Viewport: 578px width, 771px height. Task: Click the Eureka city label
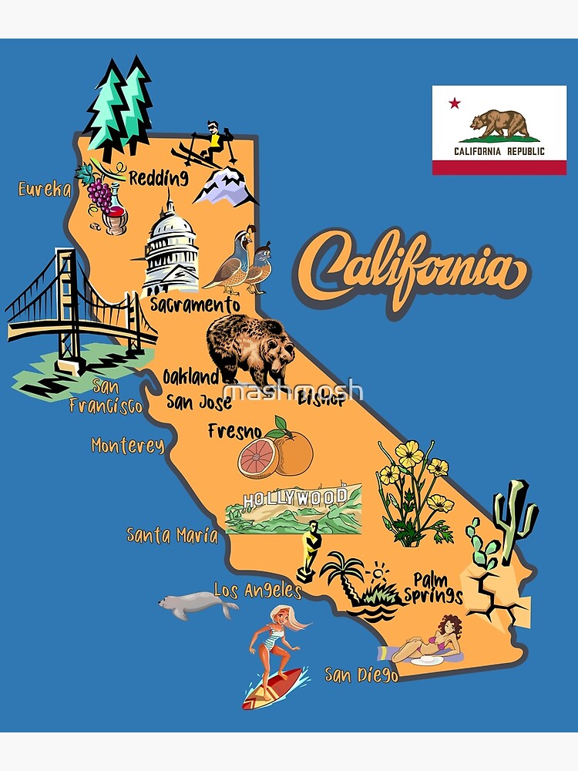pyautogui.click(x=45, y=189)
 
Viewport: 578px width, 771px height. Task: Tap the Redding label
pyautogui.click(x=158, y=178)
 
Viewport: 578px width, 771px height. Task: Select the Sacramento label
pyautogui.click(x=194, y=305)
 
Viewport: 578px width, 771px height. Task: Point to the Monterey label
pyautogui.click(x=127, y=446)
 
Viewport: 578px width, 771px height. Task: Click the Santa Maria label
pyautogui.click(x=172, y=534)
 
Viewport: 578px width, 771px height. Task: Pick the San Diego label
pyautogui.click(x=361, y=675)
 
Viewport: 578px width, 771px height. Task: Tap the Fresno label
pyautogui.click(x=234, y=430)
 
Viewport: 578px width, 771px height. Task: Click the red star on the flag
pyautogui.click(x=454, y=103)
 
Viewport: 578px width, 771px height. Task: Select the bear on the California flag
pyautogui.click(x=499, y=123)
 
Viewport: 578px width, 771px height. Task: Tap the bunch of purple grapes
pyautogui.click(x=99, y=194)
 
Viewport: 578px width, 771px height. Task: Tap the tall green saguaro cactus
pyautogui.click(x=516, y=517)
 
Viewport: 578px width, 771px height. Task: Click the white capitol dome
pyautogui.click(x=171, y=243)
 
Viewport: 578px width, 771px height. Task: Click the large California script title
pyautogui.click(x=412, y=270)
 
